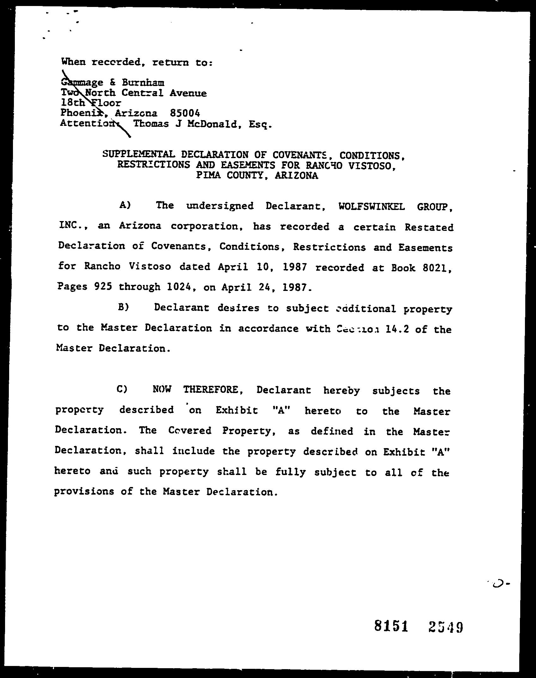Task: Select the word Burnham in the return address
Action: (143, 83)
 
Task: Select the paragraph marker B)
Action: (123, 307)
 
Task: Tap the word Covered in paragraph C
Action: (190, 430)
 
